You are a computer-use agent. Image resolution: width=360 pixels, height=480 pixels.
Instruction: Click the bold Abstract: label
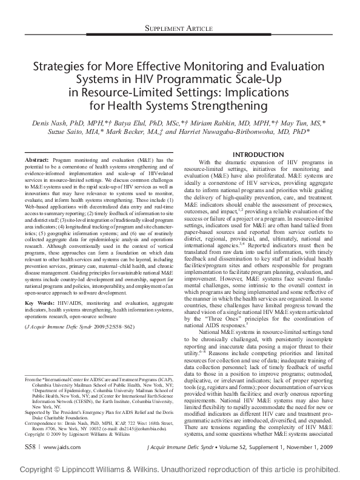37,159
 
